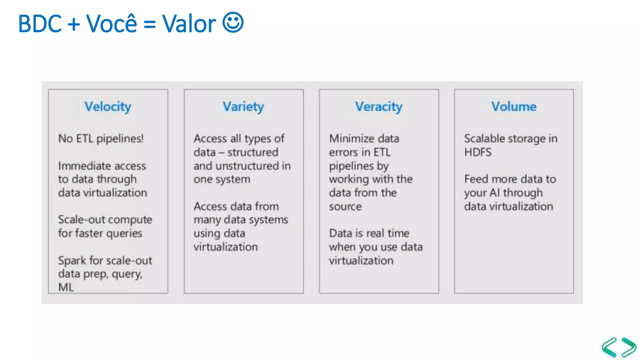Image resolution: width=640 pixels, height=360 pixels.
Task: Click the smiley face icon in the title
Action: tap(233, 22)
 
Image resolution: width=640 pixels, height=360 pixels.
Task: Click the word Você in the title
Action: tap(111, 24)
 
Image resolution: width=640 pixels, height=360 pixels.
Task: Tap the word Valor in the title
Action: tap(189, 24)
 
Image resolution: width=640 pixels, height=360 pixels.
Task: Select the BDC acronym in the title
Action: tap(40, 24)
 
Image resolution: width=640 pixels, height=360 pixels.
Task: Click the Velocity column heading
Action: tap(108, 107)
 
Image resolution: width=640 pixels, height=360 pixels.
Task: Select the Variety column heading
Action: tap(243, 107)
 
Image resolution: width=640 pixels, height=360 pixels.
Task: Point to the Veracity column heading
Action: tap(378, 107)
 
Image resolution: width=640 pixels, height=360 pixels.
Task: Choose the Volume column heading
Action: tap(514, 107)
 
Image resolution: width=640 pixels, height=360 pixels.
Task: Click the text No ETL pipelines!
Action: tap(101, 138)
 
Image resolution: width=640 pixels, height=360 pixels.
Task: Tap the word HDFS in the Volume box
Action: tap(478, 152)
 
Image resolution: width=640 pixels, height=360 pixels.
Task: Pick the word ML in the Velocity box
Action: tap(66, 287)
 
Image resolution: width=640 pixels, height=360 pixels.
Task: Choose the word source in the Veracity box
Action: tap(345, 207)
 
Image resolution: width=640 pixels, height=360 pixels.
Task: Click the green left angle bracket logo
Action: tap(610, 347)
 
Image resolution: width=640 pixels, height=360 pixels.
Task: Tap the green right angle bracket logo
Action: tap(628, 347)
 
